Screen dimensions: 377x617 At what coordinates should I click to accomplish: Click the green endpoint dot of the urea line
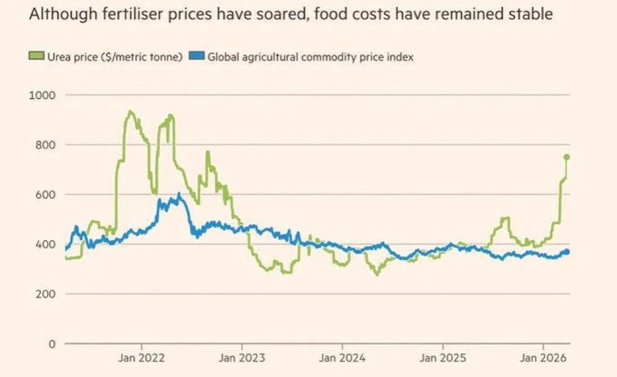(566, 157)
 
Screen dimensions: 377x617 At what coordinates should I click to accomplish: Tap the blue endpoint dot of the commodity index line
(566, 251)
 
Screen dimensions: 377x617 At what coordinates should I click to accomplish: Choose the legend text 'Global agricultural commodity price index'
(310, 57)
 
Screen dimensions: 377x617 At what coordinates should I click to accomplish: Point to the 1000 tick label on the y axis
(42, 95)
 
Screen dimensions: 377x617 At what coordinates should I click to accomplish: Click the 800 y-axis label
(45, 145)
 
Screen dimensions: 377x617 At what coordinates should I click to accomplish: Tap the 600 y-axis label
(45, 194)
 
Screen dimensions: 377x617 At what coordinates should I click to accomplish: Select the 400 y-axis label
(45, 244)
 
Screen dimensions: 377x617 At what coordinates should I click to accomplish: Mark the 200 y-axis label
(45, 294)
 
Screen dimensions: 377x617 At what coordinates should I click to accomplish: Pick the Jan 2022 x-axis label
(142, 358)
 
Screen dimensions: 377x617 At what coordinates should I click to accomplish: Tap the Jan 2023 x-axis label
(242, 358)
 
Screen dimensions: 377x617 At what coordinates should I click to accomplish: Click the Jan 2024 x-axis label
(343, 358)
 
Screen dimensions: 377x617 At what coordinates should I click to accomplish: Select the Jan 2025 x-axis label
(443, 358)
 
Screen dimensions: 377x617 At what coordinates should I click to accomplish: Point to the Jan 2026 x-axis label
(543, 358)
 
